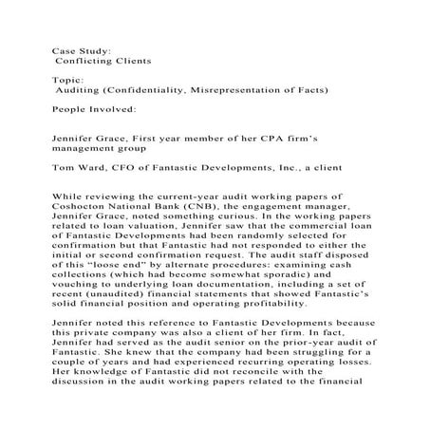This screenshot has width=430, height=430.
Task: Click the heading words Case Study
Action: point(82,45)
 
